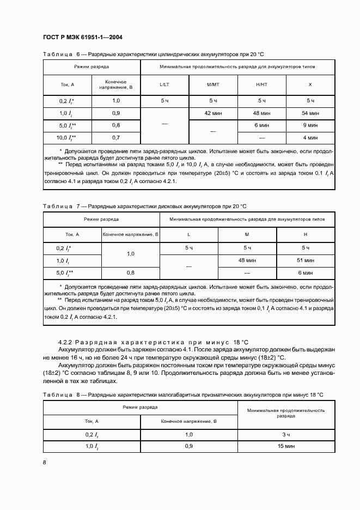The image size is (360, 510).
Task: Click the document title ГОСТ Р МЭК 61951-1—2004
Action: point(82,37)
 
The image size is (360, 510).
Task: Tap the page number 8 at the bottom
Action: point(45,462)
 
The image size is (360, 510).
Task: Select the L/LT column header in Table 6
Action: point(164,84)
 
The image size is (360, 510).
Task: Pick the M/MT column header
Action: point(213,84)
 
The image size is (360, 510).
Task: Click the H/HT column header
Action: point(261,84)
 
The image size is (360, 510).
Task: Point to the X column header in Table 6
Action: point(310,84)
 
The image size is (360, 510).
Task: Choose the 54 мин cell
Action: point(310,113)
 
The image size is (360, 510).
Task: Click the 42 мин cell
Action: point(213,113)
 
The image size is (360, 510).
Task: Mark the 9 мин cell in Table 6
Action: point(310,125)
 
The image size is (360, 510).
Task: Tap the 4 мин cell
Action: point(310,138)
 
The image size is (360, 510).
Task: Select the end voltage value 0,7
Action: point(116,138)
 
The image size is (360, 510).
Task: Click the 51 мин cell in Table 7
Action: point(306,260)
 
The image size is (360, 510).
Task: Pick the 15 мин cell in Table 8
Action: point(286,446)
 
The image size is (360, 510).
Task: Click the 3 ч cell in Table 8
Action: point(286,434)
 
